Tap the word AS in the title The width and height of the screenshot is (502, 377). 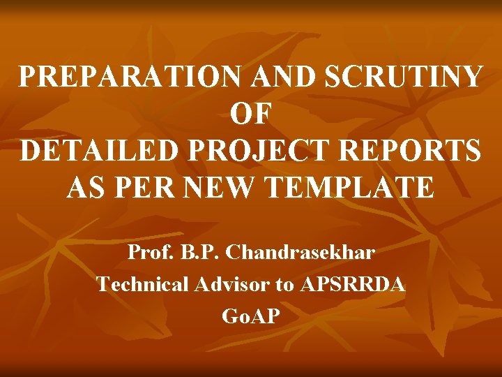click(85, 188)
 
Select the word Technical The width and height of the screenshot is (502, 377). click(142, 284)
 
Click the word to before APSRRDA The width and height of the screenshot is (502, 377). click(286, 285)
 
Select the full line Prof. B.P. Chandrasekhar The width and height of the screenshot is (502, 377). click(251, 252)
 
